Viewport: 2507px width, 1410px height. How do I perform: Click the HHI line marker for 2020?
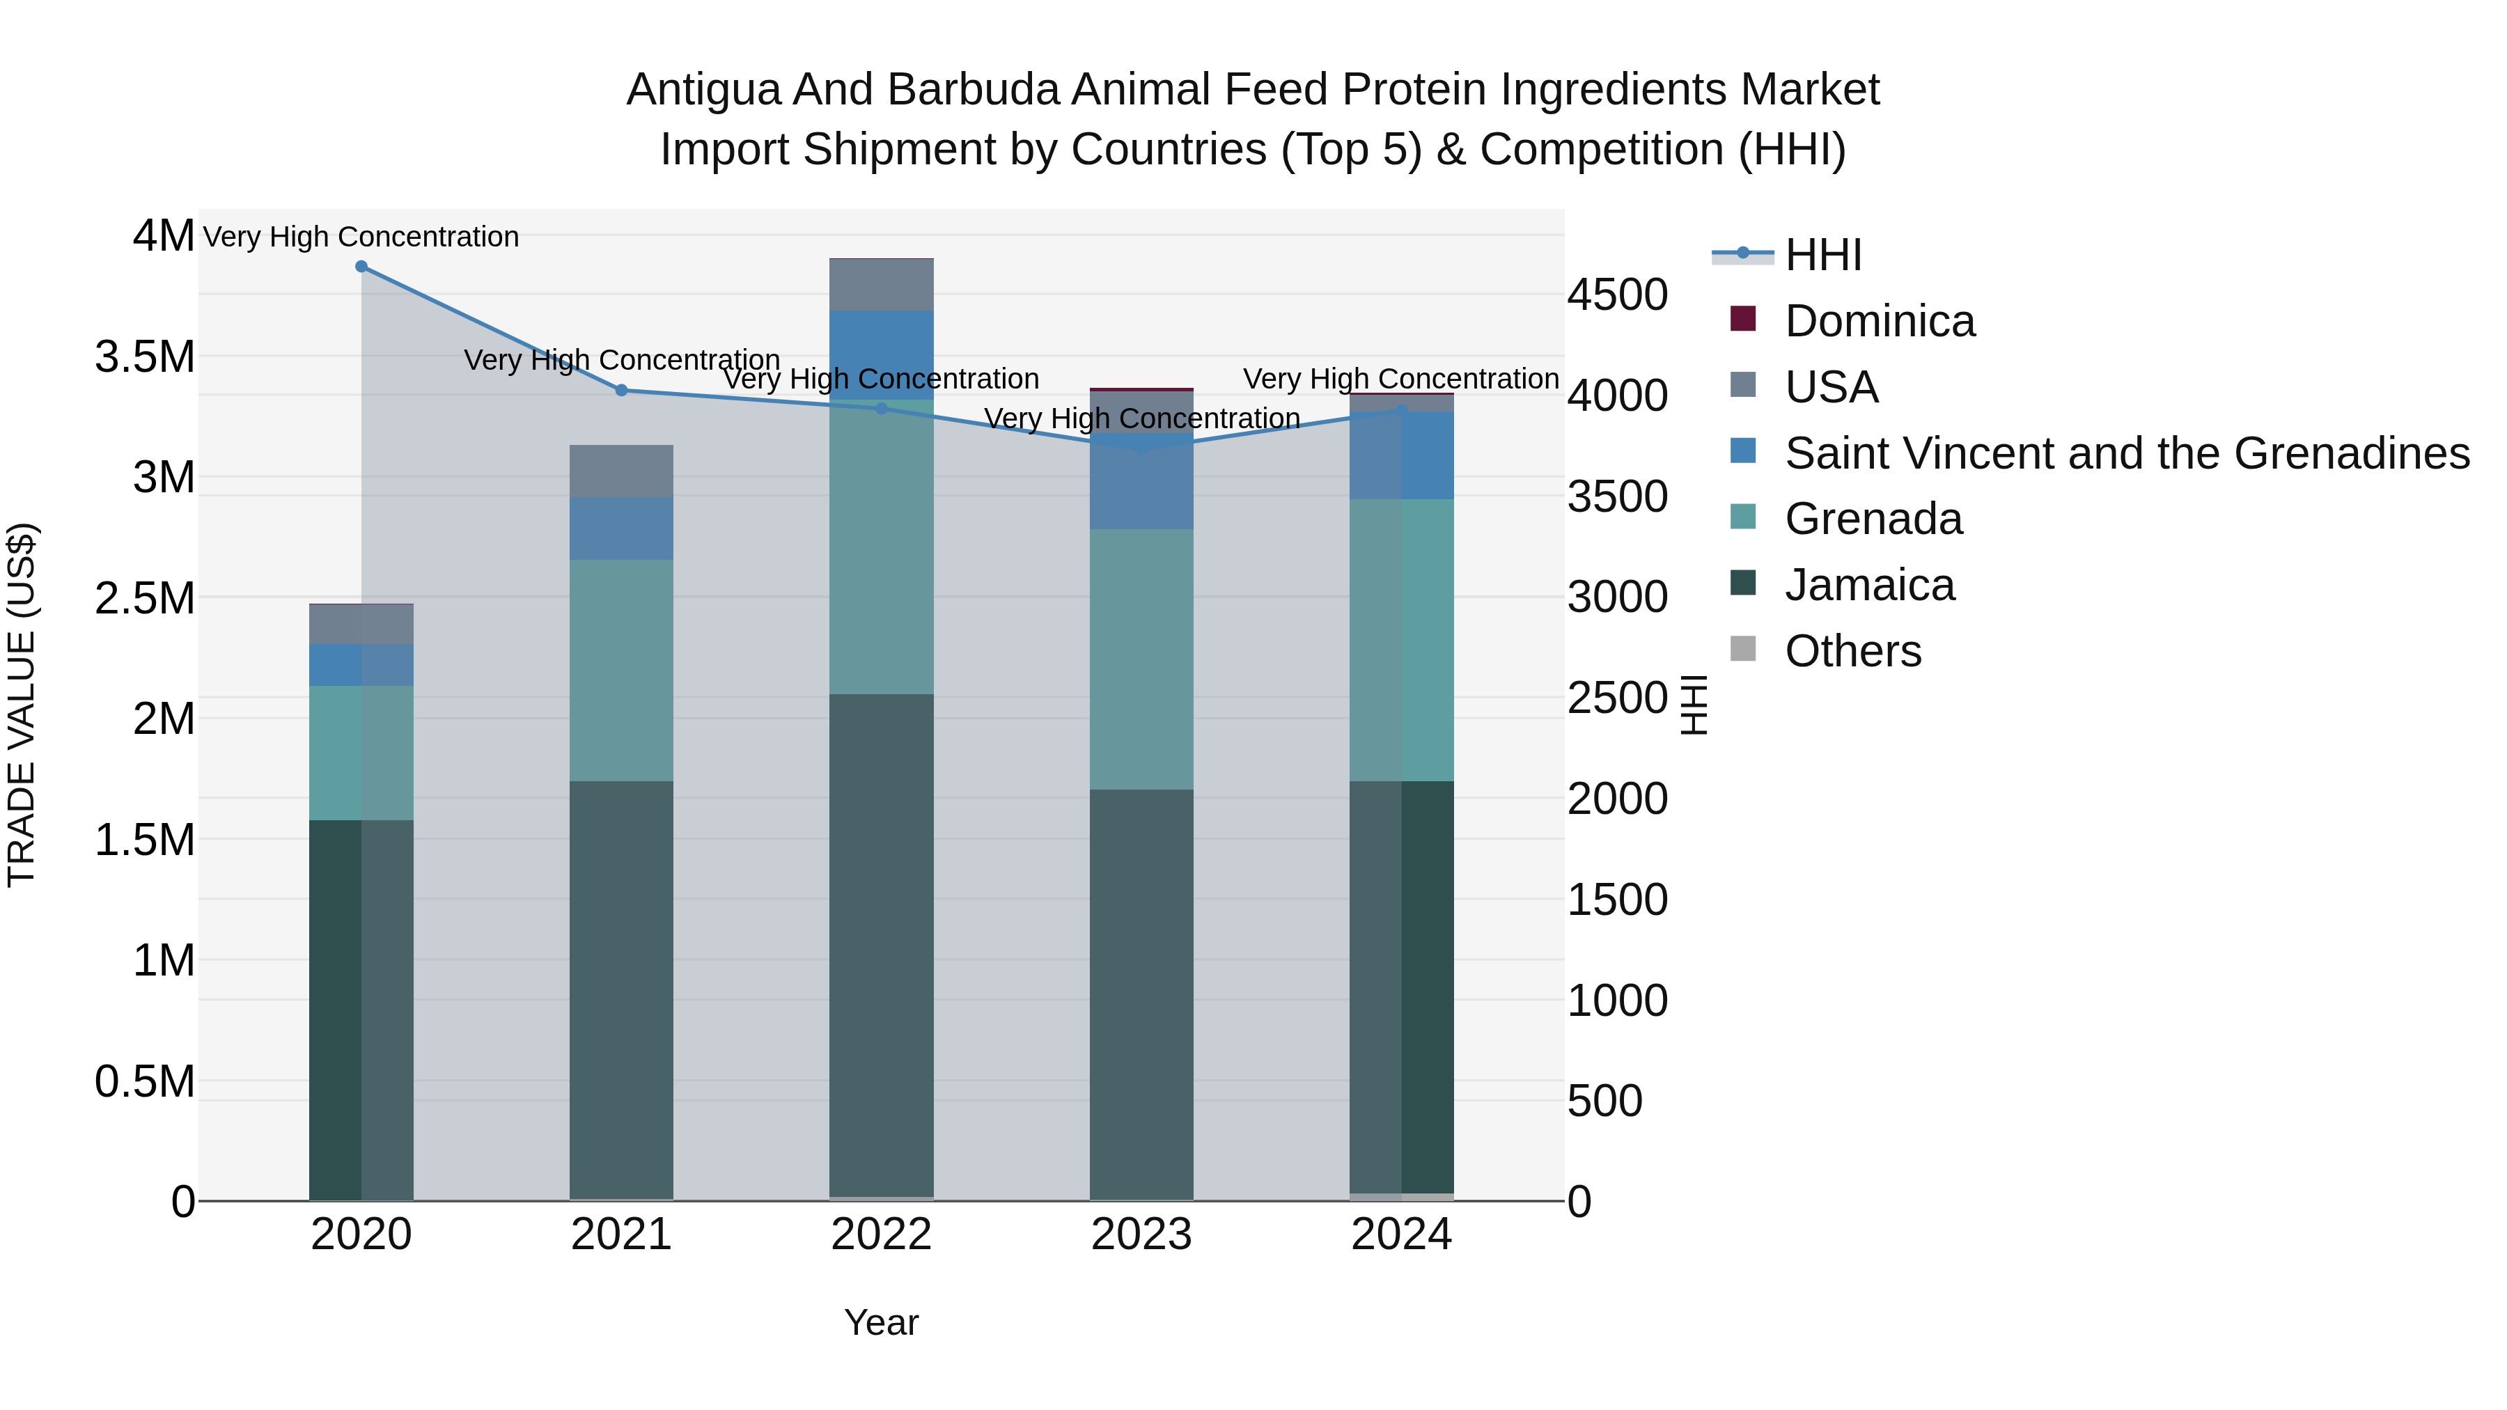(361, 267)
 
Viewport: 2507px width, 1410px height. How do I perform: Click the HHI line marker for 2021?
(622, 390)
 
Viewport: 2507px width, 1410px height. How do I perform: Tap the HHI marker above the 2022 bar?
(882, 409)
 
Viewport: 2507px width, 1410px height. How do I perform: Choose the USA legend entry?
(1831, 387)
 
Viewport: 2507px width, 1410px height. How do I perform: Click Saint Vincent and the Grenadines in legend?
(2127, 453)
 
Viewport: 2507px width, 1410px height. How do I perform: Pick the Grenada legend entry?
(1873, 519)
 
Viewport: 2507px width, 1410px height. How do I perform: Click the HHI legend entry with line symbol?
(1823, 255)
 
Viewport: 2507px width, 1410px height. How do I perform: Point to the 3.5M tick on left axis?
(144, 357)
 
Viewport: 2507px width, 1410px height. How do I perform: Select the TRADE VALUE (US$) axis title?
(22, 705)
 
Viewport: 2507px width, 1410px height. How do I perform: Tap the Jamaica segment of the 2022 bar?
(882, 944)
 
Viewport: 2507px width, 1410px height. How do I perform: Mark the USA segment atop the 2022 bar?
(882, 285)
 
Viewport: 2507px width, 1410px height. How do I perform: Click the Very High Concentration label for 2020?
(361, 237)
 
